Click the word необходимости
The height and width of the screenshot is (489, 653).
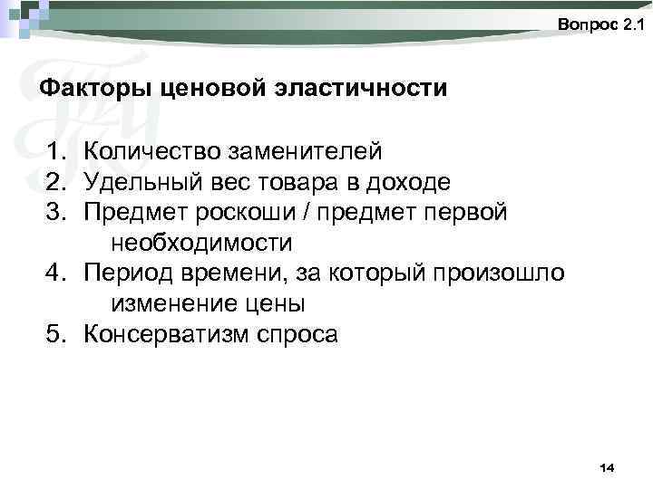pos(201,243)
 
